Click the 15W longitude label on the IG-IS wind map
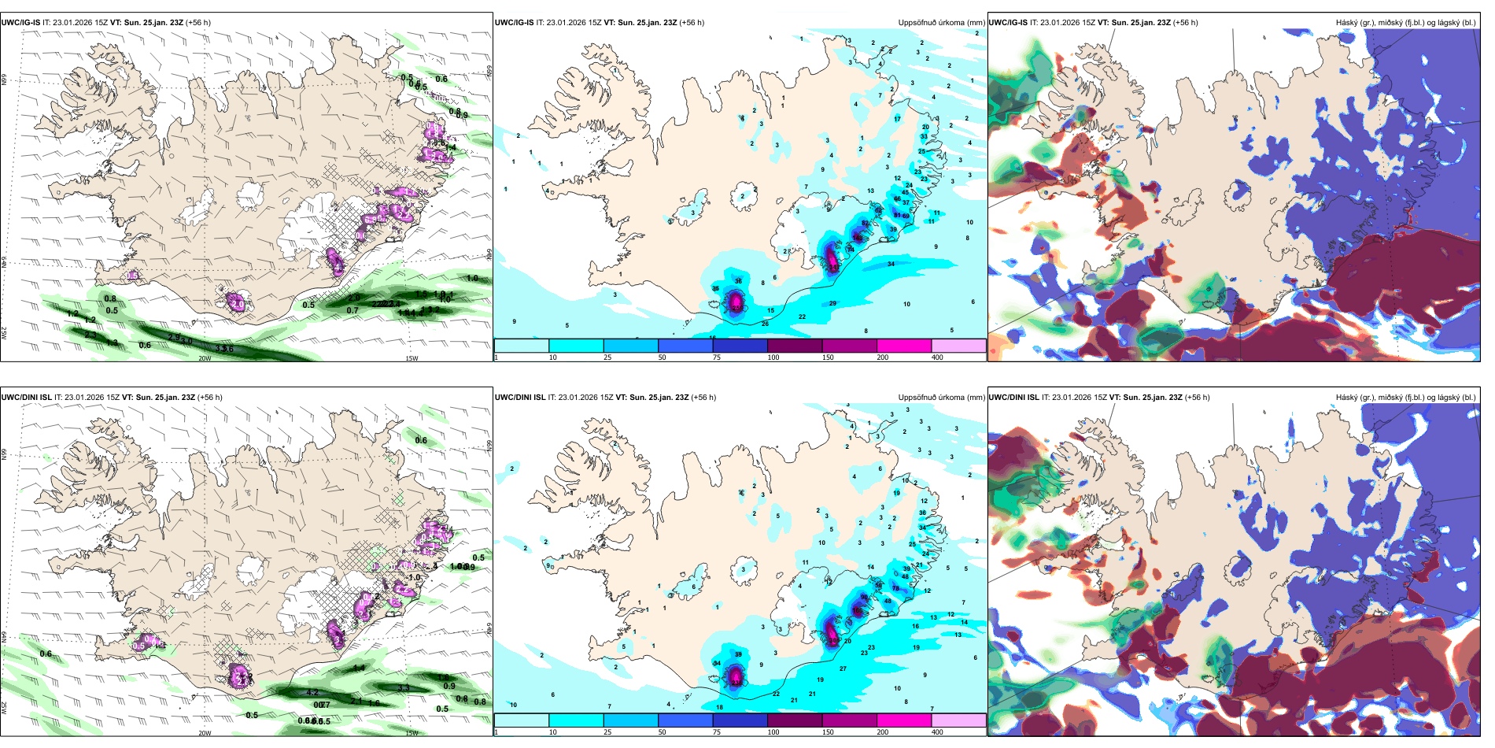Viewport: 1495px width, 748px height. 411,358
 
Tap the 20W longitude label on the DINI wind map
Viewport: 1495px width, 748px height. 205,733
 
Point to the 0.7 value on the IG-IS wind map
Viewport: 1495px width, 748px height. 353,310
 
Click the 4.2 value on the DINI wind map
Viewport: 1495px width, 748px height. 312,693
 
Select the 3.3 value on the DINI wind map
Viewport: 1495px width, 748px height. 404,688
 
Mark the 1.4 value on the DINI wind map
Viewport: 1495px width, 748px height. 359,668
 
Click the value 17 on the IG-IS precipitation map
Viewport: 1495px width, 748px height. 897,119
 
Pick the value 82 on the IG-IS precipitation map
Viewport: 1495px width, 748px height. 866,224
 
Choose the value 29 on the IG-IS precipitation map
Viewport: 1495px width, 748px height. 832,303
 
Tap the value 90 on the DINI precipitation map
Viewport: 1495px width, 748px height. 864,598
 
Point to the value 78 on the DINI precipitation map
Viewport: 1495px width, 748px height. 895,588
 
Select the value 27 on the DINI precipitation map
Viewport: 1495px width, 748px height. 843,668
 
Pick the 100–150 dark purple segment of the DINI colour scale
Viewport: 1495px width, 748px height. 795,720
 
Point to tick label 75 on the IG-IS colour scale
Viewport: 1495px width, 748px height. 716,357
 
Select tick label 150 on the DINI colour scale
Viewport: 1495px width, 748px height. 827,732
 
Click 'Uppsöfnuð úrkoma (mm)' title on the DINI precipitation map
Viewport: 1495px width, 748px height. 941,398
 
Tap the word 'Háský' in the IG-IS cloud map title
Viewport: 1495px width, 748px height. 1346,23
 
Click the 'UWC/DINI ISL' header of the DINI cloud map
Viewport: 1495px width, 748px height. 1013,398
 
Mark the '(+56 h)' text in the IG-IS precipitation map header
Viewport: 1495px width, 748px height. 692,23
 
